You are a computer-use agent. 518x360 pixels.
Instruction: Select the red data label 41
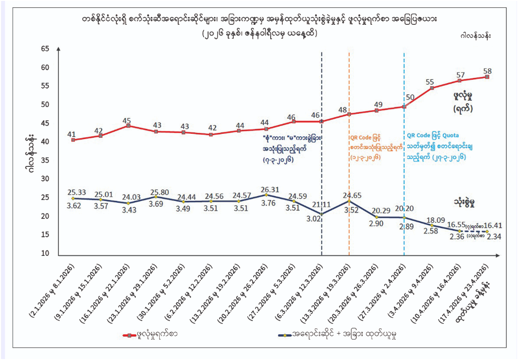[71, 133]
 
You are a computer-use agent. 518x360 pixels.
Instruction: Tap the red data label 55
[429, 82]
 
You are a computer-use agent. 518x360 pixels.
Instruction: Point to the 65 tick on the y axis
[45, 49]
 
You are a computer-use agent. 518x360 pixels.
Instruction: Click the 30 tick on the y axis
[45, 179]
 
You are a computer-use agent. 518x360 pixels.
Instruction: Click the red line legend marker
[129, 335]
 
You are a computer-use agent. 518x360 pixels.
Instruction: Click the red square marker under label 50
[404, 107]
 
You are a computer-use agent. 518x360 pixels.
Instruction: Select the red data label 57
[460, 74]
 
